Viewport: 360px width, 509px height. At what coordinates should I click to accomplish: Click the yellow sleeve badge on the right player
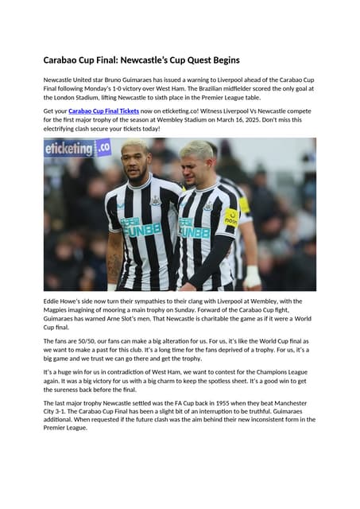(x=232, y=216)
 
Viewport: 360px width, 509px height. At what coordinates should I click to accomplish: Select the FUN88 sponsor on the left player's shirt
(x=141, y=229)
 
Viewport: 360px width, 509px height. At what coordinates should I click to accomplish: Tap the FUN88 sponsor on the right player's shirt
(x=195, y=231)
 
